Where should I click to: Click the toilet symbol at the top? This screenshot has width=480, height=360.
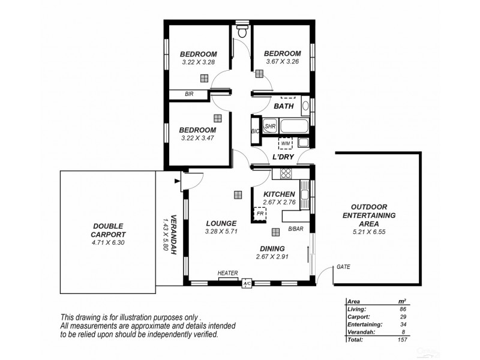(241, 32)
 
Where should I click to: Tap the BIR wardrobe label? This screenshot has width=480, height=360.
(189, 94)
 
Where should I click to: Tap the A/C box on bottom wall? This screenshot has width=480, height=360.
(247, 284)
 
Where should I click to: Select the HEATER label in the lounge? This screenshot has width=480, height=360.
(228, 273)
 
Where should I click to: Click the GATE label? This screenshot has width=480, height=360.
(343, 266)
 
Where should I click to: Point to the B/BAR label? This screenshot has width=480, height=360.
(295, 229)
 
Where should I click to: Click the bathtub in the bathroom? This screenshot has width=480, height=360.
(295, 127)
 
